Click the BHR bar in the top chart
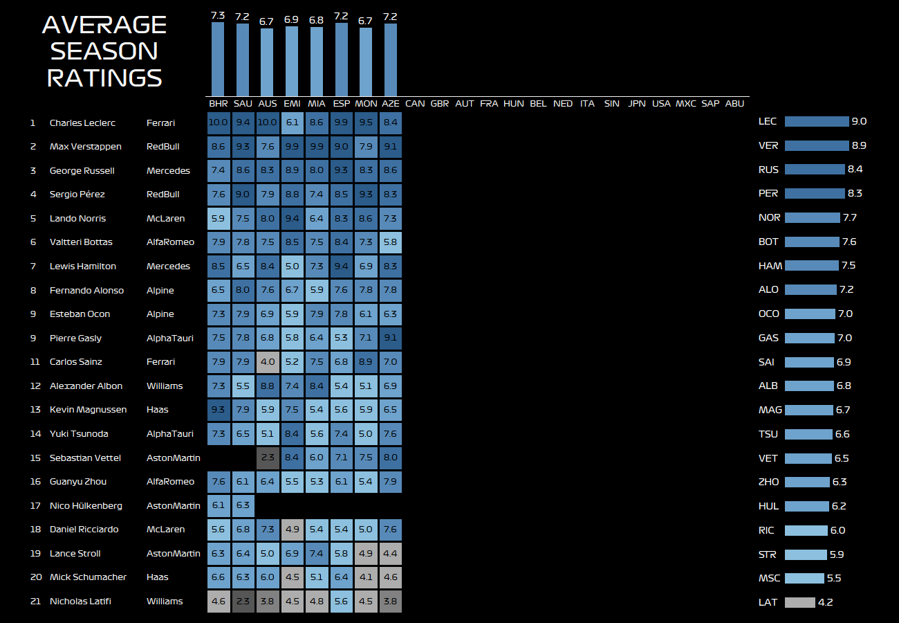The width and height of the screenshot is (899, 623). pyautogui.click(x=218, y=59)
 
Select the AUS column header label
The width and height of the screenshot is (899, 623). pyautogui.click(x=268, y=104)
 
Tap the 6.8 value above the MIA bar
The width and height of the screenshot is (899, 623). pyautogui.click(x=316, y=21)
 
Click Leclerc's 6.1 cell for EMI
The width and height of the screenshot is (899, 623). pyautogui.click(x=292, y=123)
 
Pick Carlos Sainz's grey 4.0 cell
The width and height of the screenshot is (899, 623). pyautogui.click(x=268, y=362)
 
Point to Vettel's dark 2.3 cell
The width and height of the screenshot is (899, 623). pyautogui.click(x=268, y=458)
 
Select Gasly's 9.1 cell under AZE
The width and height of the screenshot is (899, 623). pyautogui.click(x=390, y=338)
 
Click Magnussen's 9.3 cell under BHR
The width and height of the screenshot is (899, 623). pyautogui.click(x=219, y=410)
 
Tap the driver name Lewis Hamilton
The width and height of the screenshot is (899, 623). pyautogui.click(x=83, y=267)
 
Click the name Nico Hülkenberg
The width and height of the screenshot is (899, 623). pyautogui.click(x=86, y=506)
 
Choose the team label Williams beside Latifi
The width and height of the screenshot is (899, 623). pyautogui.click(x=165, y=602)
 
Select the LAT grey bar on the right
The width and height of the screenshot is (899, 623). pyautogui.click(x=800, y=602)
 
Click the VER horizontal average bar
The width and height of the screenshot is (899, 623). pyautogui.click(x=817, y=145)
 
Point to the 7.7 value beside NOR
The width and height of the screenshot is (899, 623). pyautogui.click(x=850, y=218)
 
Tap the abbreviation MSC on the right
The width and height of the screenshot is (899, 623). pyautogui.click(x=770, y=579)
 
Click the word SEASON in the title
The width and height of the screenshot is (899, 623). pyautogui.click(x=104, y=51)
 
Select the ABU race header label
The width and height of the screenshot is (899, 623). pyautogui.click(x=734, y=104)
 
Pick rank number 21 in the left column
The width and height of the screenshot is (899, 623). pyautogui.click(x=36, y=602)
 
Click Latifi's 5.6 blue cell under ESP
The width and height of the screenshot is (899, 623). pyautogui.click(x=341, y=602)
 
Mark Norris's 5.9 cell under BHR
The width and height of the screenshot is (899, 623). pyautogui.click(x=219, y=219)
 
